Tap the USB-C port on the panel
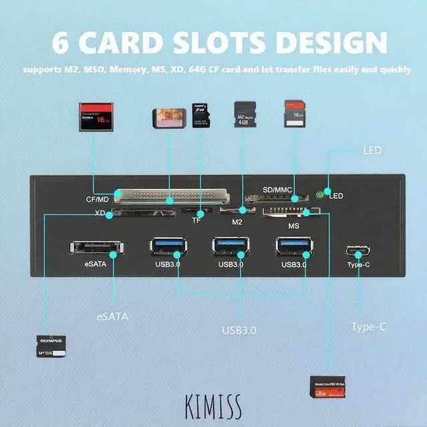pyautogui.click(x=358, y=252)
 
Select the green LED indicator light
pyautogui.click(x=321, y=195)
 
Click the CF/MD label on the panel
pyautogui.click(x=97, y=199)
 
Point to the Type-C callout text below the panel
pyautogui.click(x=368, y=326)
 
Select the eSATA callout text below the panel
pyautogui.click(x=111, y=317)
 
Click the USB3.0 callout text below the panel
pyautogui.click(x=240, y=330)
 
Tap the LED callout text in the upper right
pyautogui.click(x=372, y=151)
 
